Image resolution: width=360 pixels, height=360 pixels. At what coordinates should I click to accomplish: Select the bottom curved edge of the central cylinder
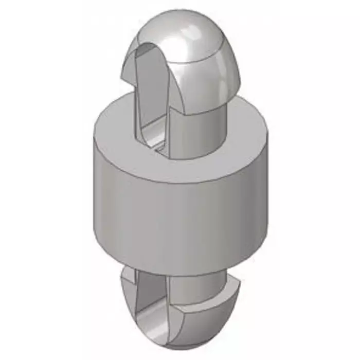pos(180,273)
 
